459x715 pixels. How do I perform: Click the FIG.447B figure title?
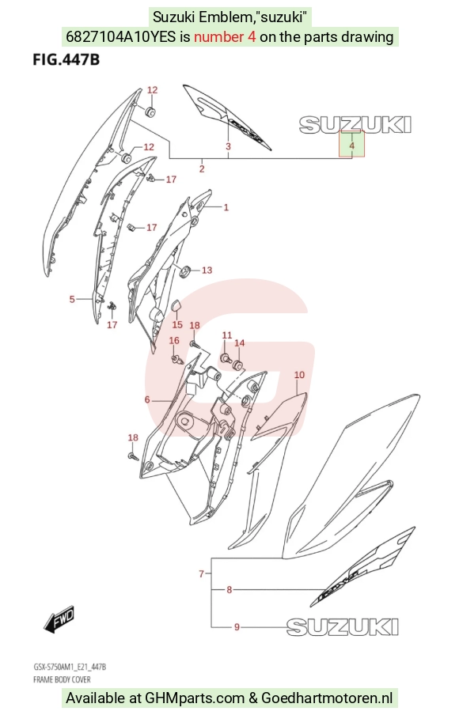coord(66,60)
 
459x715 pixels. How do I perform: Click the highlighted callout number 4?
coord(351,146)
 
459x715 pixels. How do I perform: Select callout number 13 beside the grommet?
coord(207,270)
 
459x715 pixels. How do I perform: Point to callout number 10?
coord(299,375)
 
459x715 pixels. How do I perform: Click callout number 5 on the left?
coord(72,299)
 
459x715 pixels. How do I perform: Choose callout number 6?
coord(147,399)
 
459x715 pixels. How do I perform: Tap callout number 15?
coord(177,324)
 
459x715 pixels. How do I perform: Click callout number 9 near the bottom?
coord(237,627)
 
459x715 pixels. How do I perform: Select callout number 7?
coord(201,573)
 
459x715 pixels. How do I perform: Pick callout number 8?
coord(229,589)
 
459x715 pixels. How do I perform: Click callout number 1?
coord(226,207)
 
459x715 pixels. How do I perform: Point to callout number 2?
coord(202,168)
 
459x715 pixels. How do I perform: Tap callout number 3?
coord(228,146)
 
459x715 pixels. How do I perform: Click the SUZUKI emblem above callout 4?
coord(355,124)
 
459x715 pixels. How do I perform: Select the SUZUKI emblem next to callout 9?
coord(343,626)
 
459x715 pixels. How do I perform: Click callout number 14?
coord(240,343)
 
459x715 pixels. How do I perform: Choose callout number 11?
coord(227,335)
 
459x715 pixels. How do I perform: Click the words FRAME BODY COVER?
coord(62,679)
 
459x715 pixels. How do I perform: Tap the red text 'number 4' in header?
coord(225,36)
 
